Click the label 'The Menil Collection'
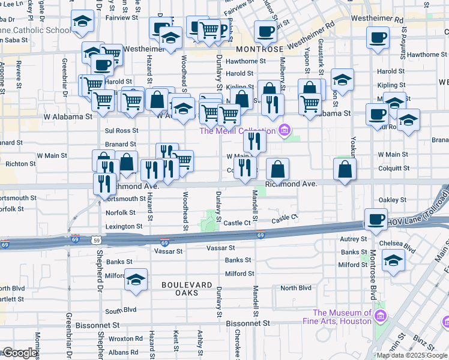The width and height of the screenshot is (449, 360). coord(237,131)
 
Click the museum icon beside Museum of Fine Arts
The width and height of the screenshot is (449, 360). coord(379,316)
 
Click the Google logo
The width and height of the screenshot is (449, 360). coord(19,353)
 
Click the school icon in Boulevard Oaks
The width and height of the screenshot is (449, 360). coord(136,280)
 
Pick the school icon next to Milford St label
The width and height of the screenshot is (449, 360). coord(393,260)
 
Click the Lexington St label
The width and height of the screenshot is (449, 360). coord(124,227)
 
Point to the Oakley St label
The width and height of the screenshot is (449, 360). coord(390,200)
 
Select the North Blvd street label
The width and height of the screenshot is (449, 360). coord(295,288)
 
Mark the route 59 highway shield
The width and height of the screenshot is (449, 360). coord(96,240)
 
